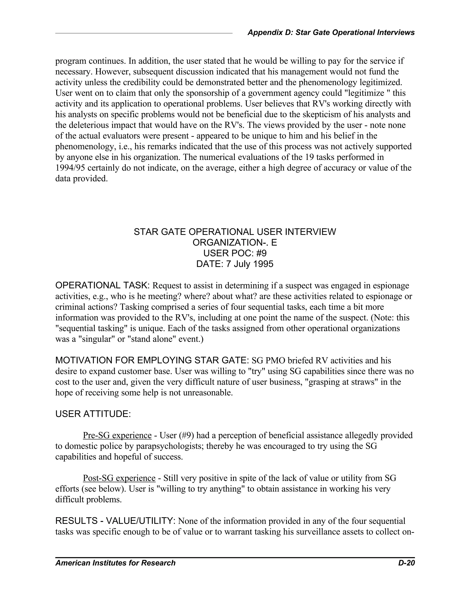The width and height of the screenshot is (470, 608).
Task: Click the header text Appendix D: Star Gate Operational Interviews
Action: [x=331, y=33]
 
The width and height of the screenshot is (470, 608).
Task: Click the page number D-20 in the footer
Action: [x=406, y=563]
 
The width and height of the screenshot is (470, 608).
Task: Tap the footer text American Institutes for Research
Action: [x=115, y=563]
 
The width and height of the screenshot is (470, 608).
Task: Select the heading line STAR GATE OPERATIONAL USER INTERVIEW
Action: [x=235, y=232]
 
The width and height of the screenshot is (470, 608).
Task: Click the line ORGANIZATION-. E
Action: [x=235, y=243]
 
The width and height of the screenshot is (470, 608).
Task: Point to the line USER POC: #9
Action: [x=235, y=253]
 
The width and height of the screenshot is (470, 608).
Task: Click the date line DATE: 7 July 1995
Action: [x=235, y=264]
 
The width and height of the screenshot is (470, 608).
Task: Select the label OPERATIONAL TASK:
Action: [x=102, y=285]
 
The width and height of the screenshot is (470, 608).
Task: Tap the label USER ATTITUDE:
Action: [x=93, y=414]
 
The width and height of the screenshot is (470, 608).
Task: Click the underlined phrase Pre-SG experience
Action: [x=117, y=435]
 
